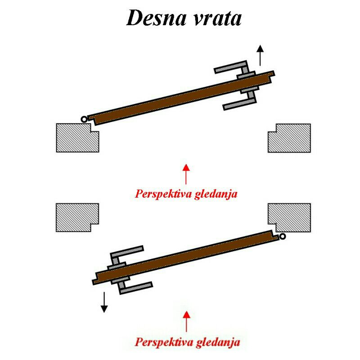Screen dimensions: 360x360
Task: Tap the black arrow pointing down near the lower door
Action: pos(104,301)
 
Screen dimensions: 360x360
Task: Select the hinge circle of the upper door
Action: pos(84,119)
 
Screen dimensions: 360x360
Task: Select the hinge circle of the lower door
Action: pos(283,236)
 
